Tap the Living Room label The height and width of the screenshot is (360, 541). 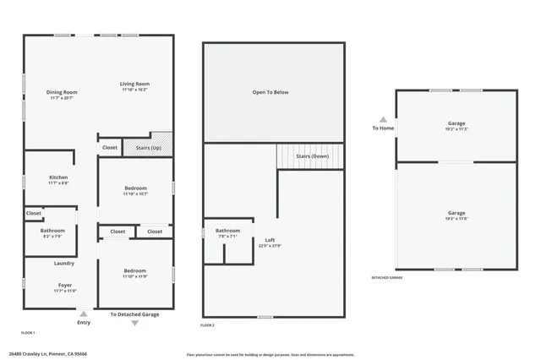pos(134,84)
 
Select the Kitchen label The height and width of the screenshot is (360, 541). pos(58,177)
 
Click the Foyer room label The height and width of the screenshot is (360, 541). pos(65,286)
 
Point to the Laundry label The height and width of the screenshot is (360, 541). pos(64,263)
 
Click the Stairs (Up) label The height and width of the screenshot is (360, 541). pos(149,148)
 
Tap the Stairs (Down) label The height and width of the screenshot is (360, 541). pos(312,156)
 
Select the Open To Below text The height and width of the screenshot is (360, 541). pos(270,92)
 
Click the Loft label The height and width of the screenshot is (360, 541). pos(270,240)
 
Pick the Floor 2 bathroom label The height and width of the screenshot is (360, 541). pos(227,231)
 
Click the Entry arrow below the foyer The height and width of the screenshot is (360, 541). pos(84,314)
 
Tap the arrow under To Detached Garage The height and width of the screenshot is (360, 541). pos(134,323)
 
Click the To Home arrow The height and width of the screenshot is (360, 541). pos(383,120)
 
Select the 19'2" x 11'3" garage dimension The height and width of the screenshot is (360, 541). pos(456,129)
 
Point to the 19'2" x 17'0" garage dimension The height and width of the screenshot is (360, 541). pos(456,218)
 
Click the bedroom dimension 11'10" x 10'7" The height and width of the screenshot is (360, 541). pos(135,194)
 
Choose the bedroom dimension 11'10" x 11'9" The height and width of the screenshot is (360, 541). pos(135,276)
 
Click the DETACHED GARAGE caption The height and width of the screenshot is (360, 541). pos(387,277)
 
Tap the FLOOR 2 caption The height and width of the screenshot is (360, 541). pos(208,325)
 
